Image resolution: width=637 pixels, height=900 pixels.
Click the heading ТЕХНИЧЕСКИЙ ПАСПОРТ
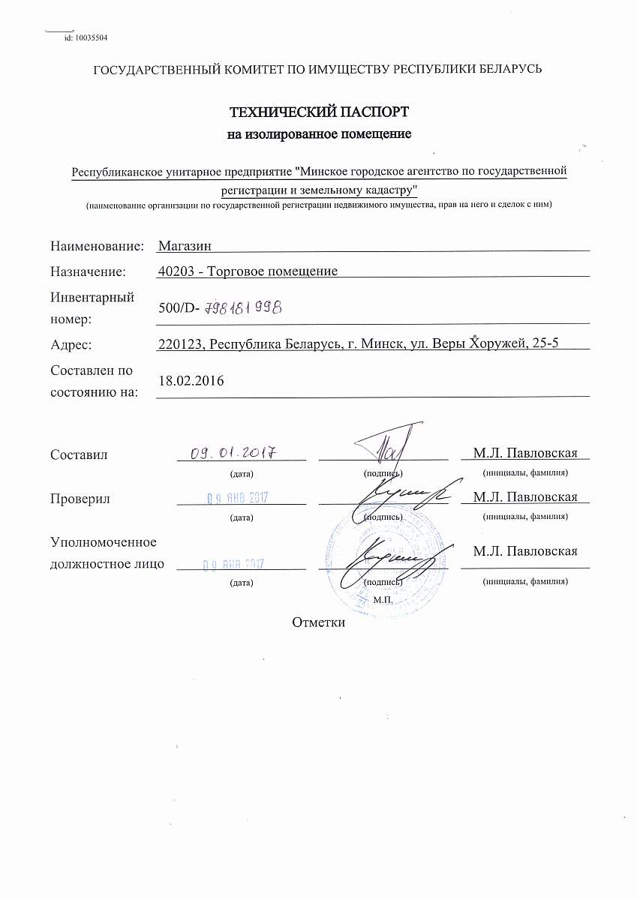(319, 112)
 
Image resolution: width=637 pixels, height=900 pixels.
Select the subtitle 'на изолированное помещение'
(319, 135)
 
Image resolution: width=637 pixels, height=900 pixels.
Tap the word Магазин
(185, 246)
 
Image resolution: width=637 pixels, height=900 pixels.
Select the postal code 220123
(182, 344)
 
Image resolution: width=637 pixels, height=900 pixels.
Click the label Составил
(79, 454)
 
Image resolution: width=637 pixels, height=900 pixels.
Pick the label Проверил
(80, 499)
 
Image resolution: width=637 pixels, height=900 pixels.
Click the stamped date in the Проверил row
(238, 497)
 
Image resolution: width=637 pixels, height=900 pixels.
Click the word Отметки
(319, 622)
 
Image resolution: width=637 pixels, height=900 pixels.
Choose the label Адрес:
(71, 344)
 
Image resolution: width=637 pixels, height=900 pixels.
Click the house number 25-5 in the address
(546, 344)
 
